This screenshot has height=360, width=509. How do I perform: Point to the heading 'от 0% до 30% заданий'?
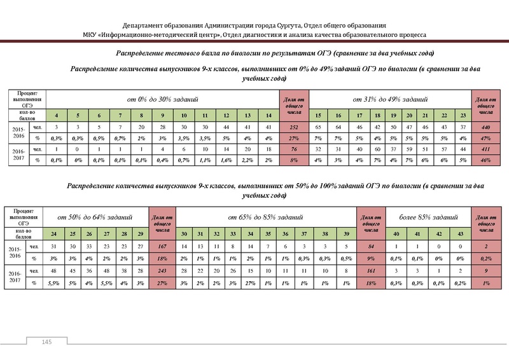[162, 100]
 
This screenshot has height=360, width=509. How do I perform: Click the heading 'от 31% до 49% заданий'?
[389, 100]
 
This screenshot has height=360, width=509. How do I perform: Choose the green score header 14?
[269, 116]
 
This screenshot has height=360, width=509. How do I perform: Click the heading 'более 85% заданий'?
[426, 218]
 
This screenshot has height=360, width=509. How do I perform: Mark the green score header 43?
[458, 234]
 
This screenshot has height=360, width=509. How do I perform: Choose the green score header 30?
[184, 234]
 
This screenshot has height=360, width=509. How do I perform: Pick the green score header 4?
[58, 116]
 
